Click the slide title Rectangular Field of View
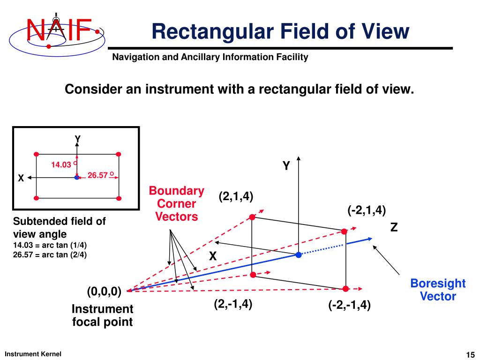pos(280,31)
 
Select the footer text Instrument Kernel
pos(33,354)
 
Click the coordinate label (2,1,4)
pos(236,196)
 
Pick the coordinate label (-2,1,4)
pos(367,210)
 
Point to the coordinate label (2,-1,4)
pos(233,304)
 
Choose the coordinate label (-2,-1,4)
pos(349,306)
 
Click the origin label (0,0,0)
pos(104,292)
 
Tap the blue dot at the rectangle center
pos(298,255)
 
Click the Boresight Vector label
pos(438,290)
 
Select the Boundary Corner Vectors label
pos(177,203)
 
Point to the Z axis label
pos(394,228)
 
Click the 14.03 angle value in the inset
pos(61,165)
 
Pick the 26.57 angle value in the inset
pos(97,175)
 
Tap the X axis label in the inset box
pos(21,179)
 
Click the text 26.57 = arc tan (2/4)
pos(50,255)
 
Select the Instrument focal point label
pos(102,315)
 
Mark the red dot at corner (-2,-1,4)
pos(345,289)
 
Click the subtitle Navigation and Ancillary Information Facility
pos(210,57)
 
